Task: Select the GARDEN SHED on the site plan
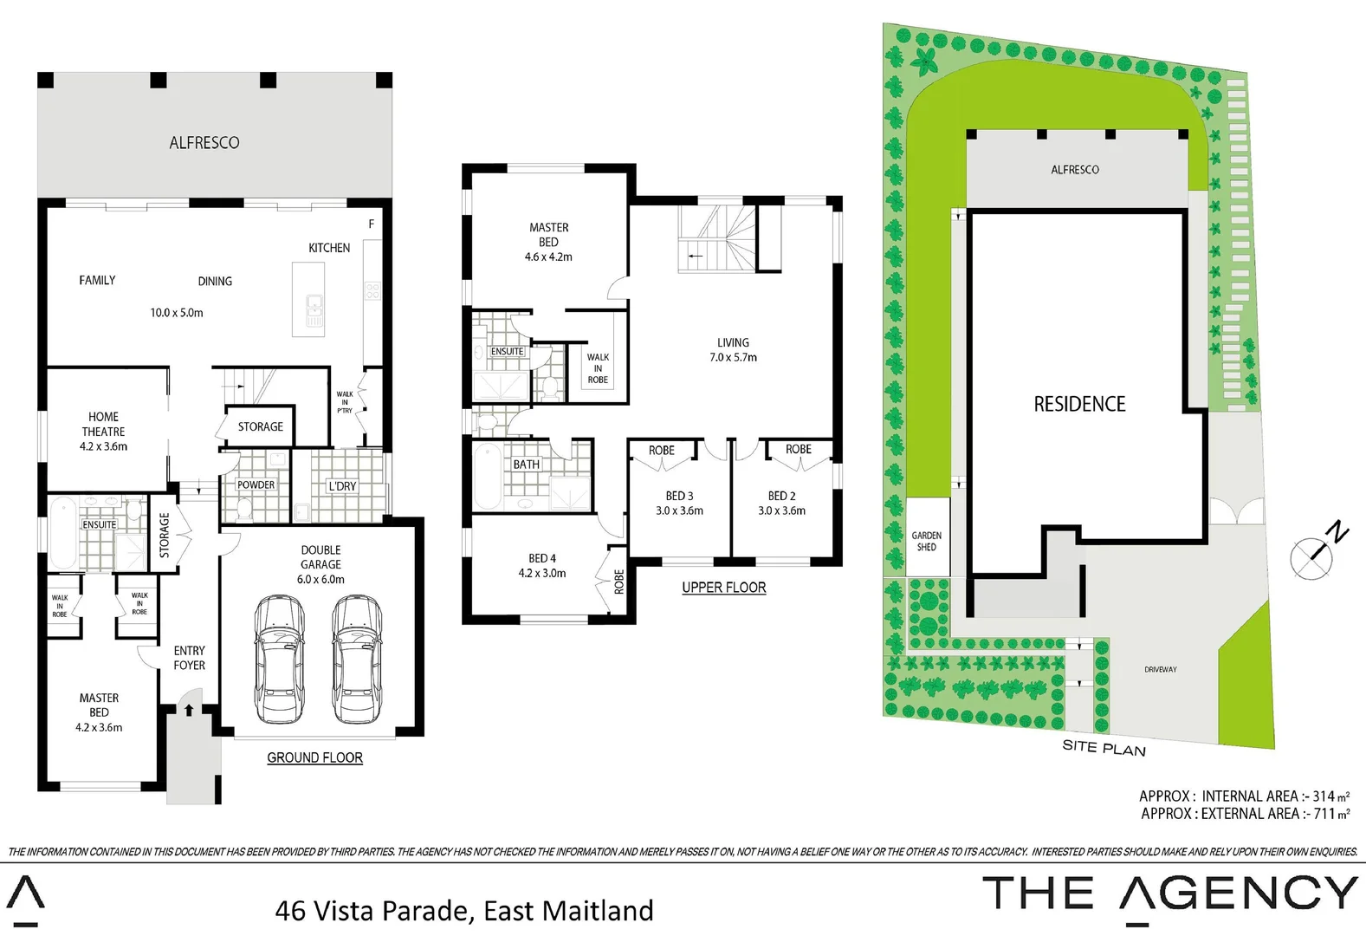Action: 927,541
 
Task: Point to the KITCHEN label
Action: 329,248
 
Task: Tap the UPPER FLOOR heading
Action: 723,588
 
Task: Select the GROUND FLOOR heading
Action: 314,757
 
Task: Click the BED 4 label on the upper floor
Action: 542,559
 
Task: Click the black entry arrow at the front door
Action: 189,710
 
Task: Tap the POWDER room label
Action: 256,485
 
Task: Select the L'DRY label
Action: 342,486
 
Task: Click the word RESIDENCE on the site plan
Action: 1079,404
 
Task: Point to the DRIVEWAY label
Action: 1160,669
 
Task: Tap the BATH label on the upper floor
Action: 526,465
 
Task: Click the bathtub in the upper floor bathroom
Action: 487,476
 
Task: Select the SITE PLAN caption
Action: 1104,747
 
